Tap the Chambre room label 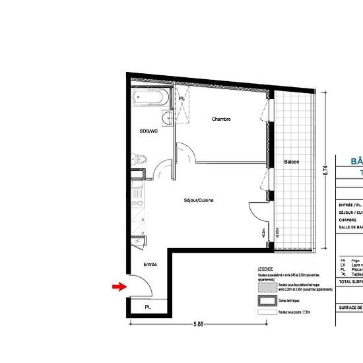(221, 119)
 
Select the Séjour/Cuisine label (199, 200)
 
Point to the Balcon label (292, 162)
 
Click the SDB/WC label (148, 131)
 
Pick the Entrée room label (149, 265)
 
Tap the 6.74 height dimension (325, 170)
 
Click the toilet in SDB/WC (141, 160)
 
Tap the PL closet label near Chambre (181, 99)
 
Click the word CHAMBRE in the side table (348, 220)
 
